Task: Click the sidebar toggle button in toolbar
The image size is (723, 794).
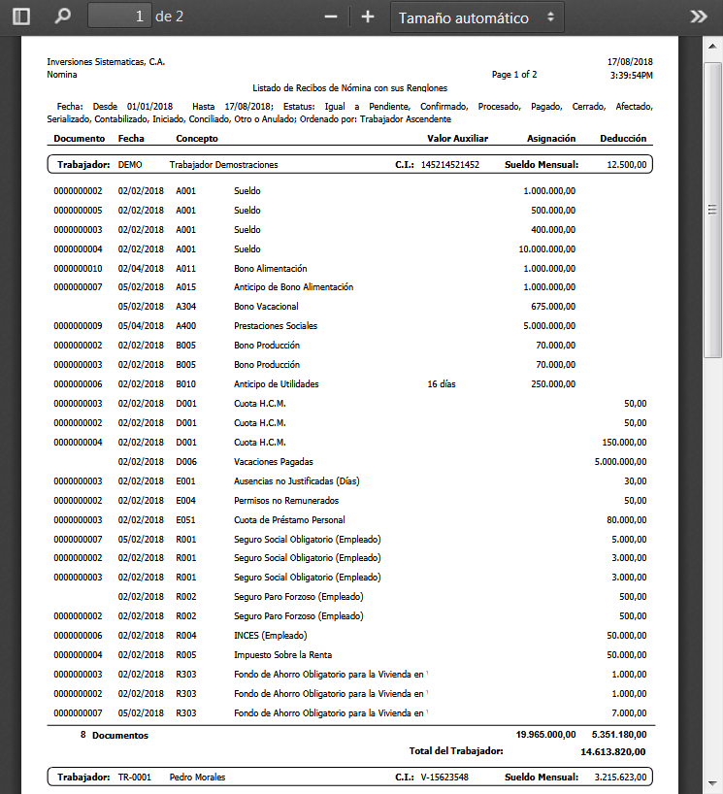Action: pos(21,17)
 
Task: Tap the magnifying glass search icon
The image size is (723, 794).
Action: pos(63,17)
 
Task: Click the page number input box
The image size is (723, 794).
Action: pos(119,17)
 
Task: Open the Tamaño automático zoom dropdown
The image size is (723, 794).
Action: pos(477,17)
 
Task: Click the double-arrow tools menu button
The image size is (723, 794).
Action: pos(699,17)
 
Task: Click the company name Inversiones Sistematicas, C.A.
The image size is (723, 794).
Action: pos(106,62)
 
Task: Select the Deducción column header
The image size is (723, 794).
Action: pos(623,139)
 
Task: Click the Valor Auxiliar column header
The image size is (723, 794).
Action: pos(457,139)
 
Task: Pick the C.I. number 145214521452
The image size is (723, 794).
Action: pos(449,165)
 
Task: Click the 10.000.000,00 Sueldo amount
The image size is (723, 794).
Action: pos(547,249)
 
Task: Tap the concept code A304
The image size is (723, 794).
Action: pos(185,307)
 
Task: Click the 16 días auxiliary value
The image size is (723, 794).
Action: pos(443,383)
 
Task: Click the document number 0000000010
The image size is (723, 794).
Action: pos(78,268)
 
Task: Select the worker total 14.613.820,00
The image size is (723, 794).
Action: pos(612,751)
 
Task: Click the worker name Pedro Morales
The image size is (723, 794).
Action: pos(198,777)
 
